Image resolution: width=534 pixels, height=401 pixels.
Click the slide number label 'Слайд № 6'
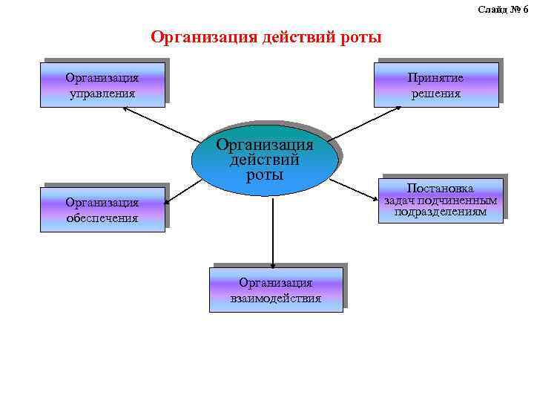point(502,9)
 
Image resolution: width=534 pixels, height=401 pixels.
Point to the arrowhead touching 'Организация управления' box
point(125,109)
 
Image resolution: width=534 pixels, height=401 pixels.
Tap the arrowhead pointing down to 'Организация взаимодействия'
point(274,264)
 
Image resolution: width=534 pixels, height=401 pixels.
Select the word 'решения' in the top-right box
point(436,94)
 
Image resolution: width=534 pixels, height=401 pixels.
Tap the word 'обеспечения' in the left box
point(102,218)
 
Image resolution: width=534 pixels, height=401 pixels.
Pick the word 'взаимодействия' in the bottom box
point(276,299)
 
